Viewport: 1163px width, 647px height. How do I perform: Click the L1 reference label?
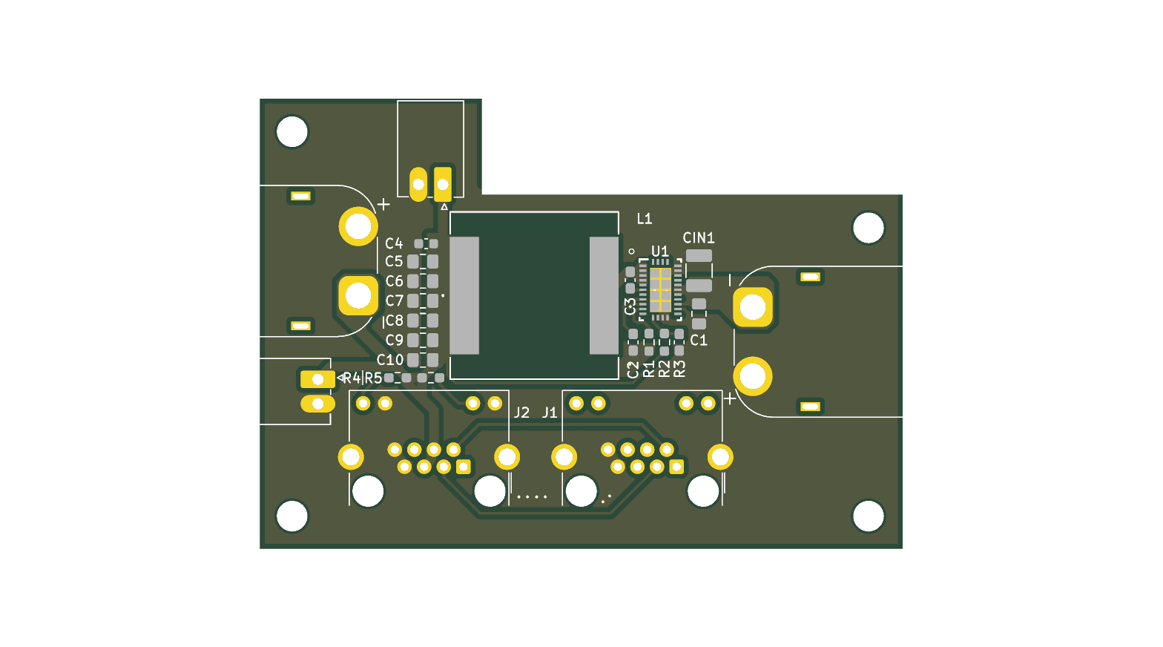tap(645, 219)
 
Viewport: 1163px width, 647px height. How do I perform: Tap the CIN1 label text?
tap(699, 238)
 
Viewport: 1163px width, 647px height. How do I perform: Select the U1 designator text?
tap(659, 252)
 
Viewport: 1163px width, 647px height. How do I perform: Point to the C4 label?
tap(394, 243)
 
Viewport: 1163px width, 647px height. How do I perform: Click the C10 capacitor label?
tap(390, 359)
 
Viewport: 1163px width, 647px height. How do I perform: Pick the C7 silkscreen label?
tap(395, 300)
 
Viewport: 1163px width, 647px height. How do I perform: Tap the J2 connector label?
tap(522, 413)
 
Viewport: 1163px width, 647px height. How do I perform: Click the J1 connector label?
tap(550, 413)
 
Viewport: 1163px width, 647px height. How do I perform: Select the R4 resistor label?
tap(352, 378)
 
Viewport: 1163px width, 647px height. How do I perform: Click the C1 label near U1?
tap(699, 340)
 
